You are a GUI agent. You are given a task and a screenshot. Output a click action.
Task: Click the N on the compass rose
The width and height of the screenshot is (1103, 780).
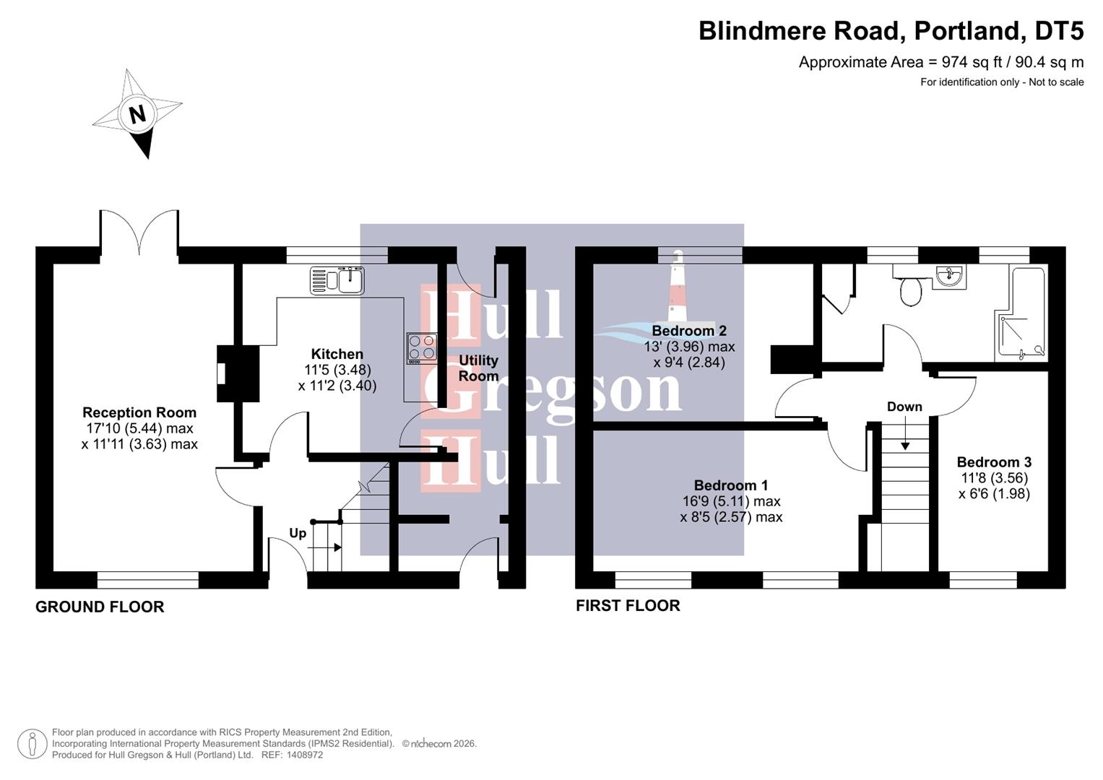pyautogui.click(x=137, y=113)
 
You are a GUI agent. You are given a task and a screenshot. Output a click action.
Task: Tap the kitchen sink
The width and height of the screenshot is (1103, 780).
pyautogui.click(x=337, y=280)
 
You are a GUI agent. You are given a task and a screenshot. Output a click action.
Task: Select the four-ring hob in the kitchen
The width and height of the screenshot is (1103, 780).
pyautogui.click(x=422, y=347)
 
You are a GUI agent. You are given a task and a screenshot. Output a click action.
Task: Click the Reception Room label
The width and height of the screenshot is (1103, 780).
pyautogui.click(x=139, y=412)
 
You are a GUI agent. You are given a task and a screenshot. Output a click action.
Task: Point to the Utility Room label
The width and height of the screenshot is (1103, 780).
pyautogui.click(x=478, y=368)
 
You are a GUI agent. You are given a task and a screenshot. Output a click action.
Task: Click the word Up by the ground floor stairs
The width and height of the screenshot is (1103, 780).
pyautogui.click(x=298, y=534)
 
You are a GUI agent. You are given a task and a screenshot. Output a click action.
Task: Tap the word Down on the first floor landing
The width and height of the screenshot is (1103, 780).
pyautogui.click(x=904, y=407)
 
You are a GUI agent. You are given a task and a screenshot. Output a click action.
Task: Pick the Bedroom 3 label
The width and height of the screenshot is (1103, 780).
pyautogui.click(x=994, y=462)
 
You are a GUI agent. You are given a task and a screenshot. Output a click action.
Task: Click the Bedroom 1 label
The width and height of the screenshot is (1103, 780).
pyautogui.click(x=731, y=485)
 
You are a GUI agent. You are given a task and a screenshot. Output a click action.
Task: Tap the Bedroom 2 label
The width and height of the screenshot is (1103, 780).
pyautogui.click(x=689, y=331)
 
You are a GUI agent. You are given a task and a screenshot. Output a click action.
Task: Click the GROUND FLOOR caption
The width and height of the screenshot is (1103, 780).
pyautogui.click(x=100, y=607)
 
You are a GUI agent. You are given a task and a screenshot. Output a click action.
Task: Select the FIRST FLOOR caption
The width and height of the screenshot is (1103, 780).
pyautogui.click(x=628, y=606)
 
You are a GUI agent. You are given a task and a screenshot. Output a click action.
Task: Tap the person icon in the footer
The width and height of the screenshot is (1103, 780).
pyautogui.click(x=33, y=744)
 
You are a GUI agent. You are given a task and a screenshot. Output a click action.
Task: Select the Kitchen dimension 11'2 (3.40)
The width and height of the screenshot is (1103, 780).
pyautogui.click(x=337, y=386)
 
